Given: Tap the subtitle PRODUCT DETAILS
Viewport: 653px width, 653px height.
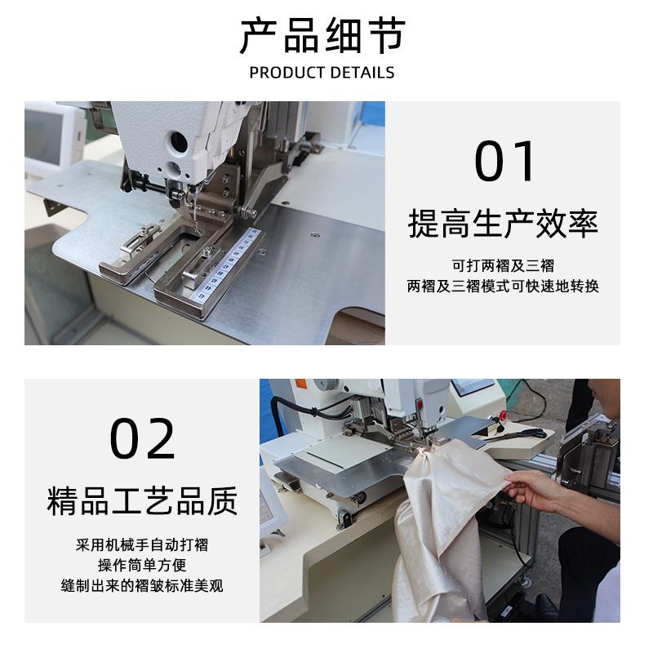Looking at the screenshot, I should pos(322,73).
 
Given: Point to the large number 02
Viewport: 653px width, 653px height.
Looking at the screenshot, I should pos(143,439).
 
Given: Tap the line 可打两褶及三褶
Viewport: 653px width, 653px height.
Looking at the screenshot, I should pos(503,266).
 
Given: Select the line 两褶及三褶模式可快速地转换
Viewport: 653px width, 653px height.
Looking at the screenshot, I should pos(503,287).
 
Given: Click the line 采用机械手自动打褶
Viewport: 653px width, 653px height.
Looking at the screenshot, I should pos(142,544).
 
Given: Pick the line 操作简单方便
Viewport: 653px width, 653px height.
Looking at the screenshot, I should pos(142,565).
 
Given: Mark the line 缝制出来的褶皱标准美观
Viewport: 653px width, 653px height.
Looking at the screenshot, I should pos(142,586).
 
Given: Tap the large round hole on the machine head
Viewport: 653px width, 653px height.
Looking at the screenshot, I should pos(178,143).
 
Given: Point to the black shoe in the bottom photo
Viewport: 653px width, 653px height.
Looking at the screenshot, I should pos(545,607).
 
